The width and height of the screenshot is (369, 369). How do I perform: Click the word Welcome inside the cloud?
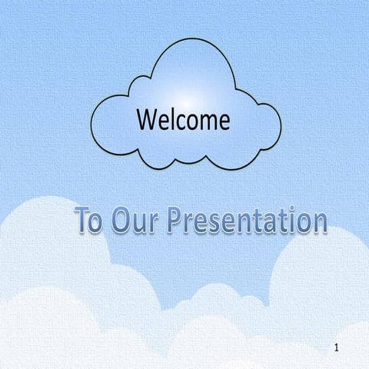coord(183,120)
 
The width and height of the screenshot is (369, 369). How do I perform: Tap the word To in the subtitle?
coord(88,221)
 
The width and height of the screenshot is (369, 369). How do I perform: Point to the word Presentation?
coord(246,221)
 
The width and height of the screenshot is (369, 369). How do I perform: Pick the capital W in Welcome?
coord(147,120)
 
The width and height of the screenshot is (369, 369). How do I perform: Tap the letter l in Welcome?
coord(171,119)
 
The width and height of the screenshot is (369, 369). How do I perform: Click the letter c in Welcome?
coord(180,122)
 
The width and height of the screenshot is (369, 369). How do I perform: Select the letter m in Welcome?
coord(205,122)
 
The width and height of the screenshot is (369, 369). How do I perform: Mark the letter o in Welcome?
coord(191,122)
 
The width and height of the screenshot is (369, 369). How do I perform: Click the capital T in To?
coord(83,221)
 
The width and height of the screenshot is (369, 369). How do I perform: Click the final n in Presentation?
coord(319,224)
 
